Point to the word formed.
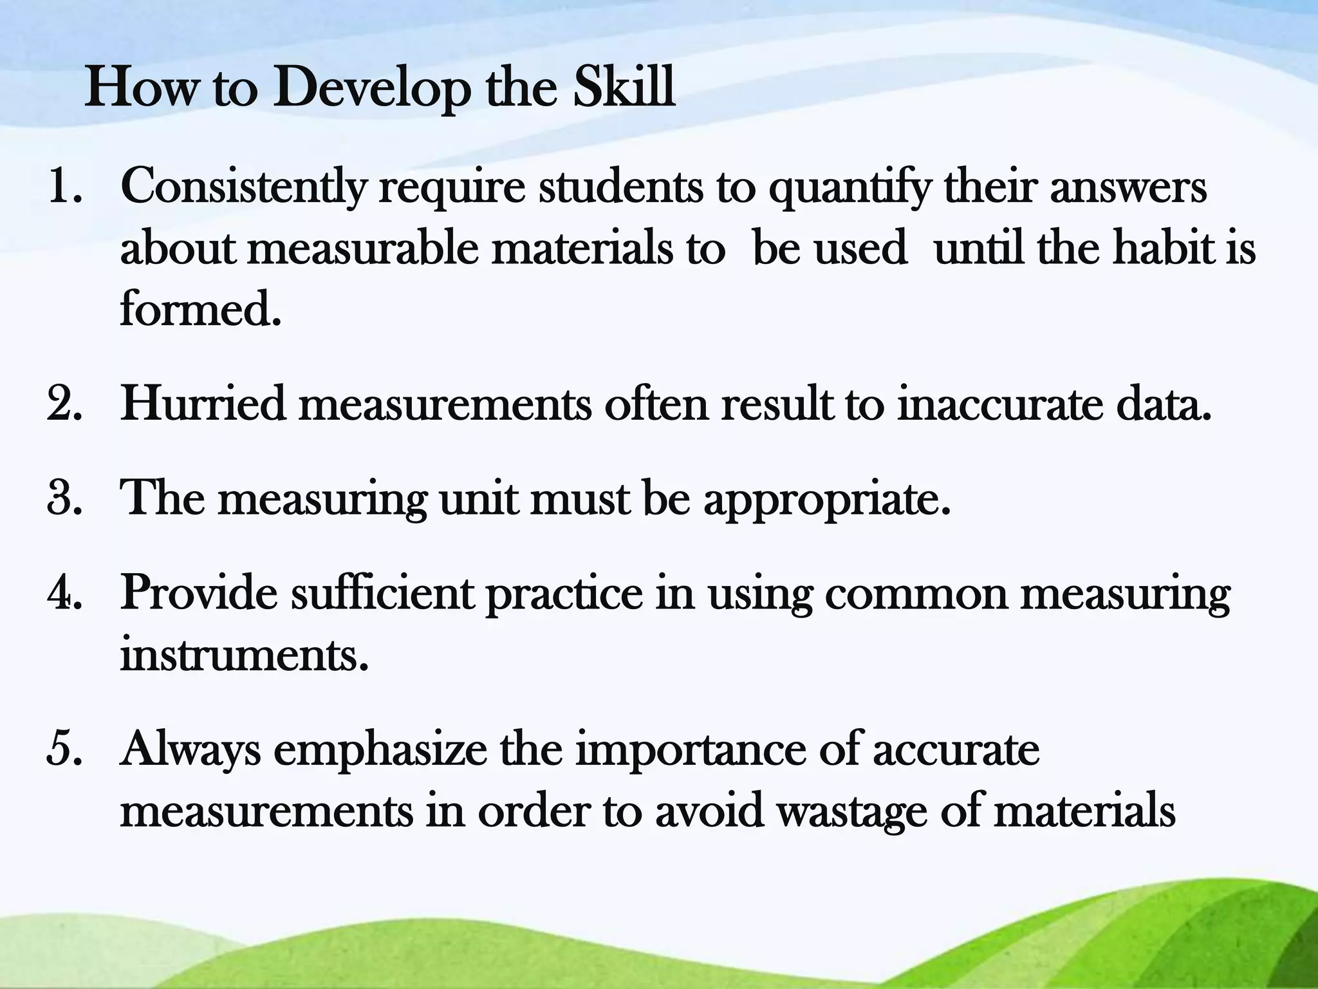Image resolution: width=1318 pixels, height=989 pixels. coord(201,309)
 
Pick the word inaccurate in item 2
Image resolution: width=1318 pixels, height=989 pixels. coord(1000,405)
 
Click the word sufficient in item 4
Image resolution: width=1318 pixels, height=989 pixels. coord(382,593)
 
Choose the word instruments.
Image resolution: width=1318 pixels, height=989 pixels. coord(245,655)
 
